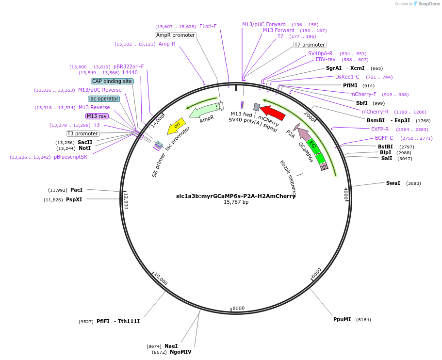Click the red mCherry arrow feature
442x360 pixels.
(x=272, y=112)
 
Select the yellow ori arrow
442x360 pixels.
(x=176, y=126)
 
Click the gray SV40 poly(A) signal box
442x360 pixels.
(x=257, y=107)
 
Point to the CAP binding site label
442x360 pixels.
(x=112, y=81)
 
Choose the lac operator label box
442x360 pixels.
(x=104, y=98)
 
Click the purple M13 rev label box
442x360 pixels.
(x=97, y=116)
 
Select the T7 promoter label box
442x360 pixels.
(x=310, y=45)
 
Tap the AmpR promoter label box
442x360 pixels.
(x=176, y=35)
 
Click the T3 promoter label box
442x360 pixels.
(x=82, y=133)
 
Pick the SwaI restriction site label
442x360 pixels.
(x=393, y=183)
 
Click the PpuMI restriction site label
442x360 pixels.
(x=342, y=319)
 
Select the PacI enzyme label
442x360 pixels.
(x=76, y=190)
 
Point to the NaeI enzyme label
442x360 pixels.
(x=171, y=346)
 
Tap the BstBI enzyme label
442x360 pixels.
(x=385, y=147)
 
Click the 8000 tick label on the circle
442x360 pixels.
(x=239, y=308)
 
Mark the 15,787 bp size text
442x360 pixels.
(x=236, y=202)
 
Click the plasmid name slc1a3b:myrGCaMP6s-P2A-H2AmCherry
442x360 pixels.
(x=236, y=196)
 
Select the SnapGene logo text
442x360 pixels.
(x=429, y=4)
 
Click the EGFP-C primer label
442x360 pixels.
(x=384, y=138)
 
